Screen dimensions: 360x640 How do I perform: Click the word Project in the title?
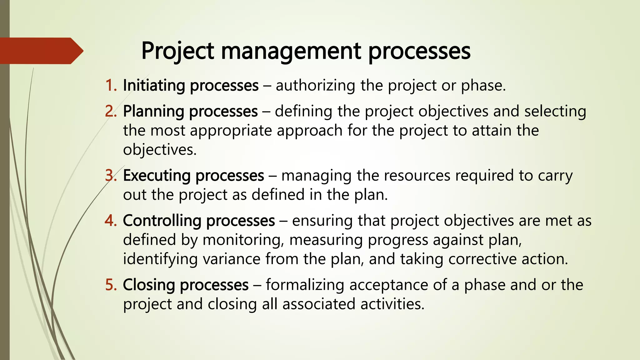[x=177, y=51]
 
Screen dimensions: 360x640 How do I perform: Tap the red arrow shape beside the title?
[x=41, y=51]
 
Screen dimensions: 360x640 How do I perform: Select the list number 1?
[x=111, y=85]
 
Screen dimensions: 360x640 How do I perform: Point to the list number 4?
[x=111, y=221]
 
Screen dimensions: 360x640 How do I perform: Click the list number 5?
[x=111, y=285]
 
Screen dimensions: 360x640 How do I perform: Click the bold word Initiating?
[x=154, y=85]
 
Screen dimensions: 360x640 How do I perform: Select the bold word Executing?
[x=157, y=176]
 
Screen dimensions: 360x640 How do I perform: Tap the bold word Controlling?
[x=162, y=221]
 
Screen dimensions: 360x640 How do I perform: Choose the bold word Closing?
[x=149, y=285]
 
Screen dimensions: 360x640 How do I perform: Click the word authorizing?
[x=315, y=85]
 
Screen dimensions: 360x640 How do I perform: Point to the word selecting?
[x=555, y=111]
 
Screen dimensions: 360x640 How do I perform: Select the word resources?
[x=417, y=176]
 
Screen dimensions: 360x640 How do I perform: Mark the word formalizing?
[x=305, y=285]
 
